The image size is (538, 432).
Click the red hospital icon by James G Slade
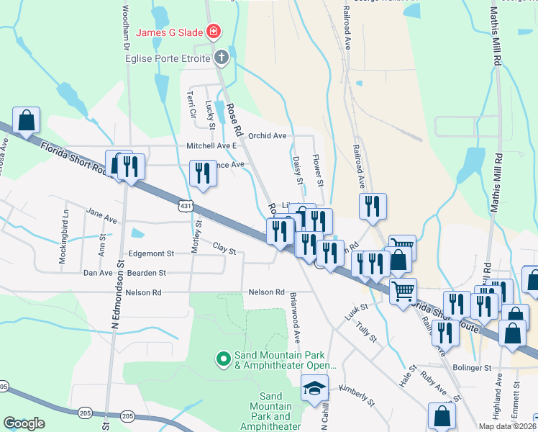point(214,32)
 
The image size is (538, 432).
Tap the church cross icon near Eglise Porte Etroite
point(222,58)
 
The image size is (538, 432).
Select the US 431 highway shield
point(186,207)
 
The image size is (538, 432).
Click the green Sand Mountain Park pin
point(223,357)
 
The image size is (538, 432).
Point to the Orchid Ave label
point(267,135)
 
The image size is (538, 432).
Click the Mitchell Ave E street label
point(212,145)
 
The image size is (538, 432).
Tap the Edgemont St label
point(151,253)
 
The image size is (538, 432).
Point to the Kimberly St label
point(357,393)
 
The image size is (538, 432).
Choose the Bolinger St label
point(472,367)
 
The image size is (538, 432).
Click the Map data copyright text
point(506,426)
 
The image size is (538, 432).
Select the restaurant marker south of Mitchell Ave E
point(202,173)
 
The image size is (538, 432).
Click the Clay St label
point(224,248)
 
